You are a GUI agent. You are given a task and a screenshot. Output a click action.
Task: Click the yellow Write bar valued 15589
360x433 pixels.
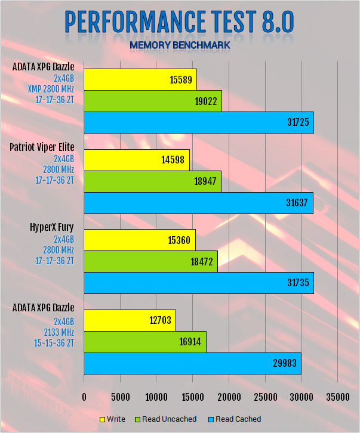140,79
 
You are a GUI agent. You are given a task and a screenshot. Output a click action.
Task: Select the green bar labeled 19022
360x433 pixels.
153,101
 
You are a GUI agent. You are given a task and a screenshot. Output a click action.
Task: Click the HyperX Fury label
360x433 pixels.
52,227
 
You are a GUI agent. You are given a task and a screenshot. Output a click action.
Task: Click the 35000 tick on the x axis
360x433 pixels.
338,397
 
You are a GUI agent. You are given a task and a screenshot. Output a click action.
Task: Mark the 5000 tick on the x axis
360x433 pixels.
120,397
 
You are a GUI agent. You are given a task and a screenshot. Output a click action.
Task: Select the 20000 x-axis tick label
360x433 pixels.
229,397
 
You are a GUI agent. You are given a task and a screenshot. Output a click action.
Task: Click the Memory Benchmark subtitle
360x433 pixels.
179,45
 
